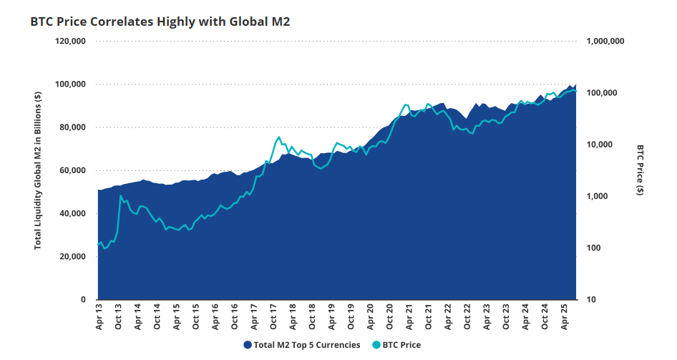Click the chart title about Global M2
[160, 22]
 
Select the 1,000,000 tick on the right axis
[605, 42]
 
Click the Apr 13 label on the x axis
[99, 318]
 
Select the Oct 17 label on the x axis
[273, 318]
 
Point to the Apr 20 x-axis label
[370, 318]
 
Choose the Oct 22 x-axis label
[467, 318]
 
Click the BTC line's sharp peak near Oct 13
[121, 195]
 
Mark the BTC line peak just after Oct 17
[279, 137]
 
